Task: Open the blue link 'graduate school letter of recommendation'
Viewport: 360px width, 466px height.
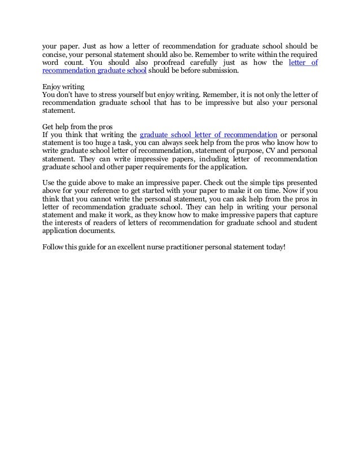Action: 208,135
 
